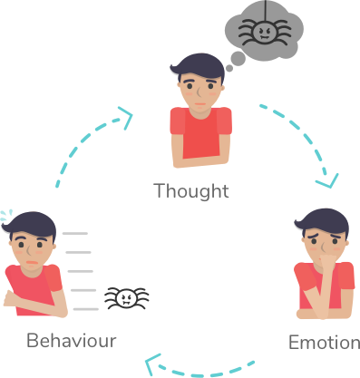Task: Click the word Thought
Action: tap(190, 191)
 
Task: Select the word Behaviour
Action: tap(72, 341)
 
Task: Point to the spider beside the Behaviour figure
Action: tap(125, 298)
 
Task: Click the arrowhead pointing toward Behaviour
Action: tap(154, 365)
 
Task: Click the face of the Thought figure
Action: tap(199, 89)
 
